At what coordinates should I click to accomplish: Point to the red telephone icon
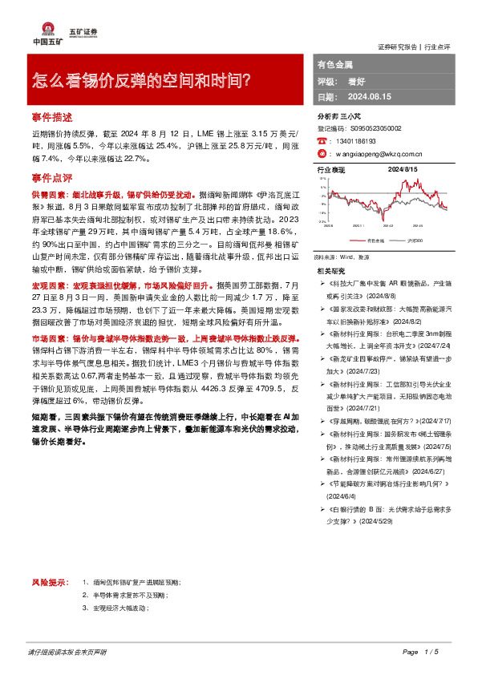coord(322,139)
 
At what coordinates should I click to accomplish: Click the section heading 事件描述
coord(52,116)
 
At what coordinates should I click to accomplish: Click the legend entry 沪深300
coord(415,240)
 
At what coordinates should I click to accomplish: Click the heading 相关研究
coord(331,273)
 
